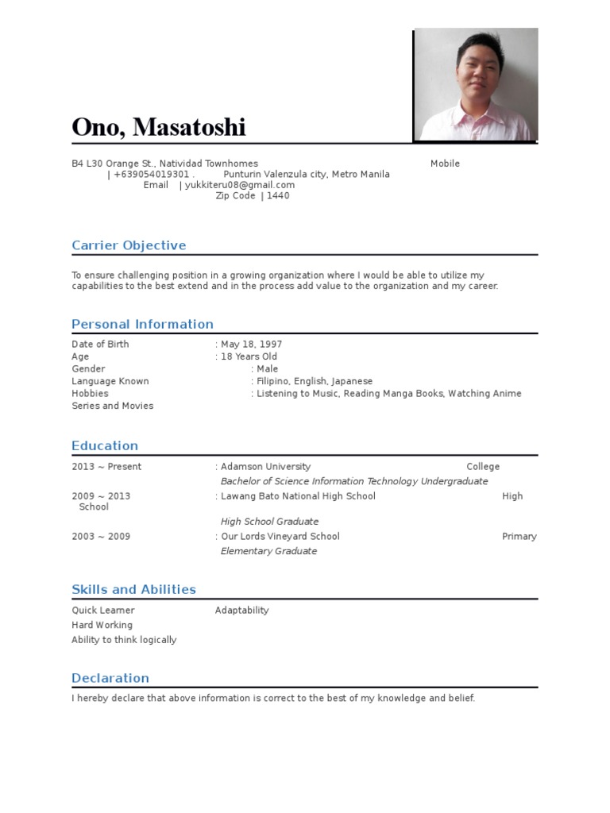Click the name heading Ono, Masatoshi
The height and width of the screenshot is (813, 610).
159,127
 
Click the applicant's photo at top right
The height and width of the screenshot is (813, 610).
476,85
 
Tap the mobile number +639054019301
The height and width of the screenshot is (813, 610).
152,175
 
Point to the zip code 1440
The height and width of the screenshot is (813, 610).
279,195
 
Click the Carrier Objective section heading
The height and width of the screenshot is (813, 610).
129,245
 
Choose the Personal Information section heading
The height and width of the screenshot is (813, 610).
142,324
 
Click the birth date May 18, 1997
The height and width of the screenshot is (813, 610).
252,345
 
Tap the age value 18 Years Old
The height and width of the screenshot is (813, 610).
249,356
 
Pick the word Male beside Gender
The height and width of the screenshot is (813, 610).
268,369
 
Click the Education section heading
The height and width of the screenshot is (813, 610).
105,445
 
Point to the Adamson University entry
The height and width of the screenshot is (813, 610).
266,467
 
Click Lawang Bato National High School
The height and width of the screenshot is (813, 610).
298,496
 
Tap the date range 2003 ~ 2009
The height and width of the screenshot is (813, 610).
101,537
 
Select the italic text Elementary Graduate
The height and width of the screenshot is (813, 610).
268,551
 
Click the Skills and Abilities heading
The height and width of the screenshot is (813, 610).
133,589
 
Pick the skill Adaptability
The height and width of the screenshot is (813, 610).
241,611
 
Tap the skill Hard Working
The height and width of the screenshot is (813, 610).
102,625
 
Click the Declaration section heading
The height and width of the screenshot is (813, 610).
110,678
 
